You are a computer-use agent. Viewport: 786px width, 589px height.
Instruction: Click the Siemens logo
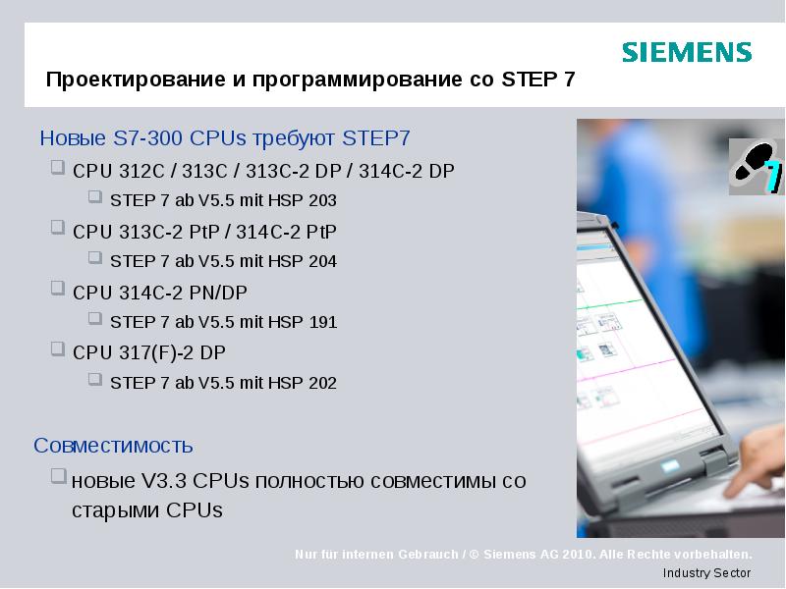point(687,52)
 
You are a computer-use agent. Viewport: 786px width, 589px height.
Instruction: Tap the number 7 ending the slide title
point(570,80)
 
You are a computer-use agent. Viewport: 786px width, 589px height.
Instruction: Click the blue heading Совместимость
point(113,446)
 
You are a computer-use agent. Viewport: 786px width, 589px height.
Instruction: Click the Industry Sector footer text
point(706,573)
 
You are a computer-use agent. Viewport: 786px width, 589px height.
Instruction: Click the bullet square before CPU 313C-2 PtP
point(58,230)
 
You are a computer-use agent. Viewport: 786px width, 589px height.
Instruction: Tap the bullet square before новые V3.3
point(58,478)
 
